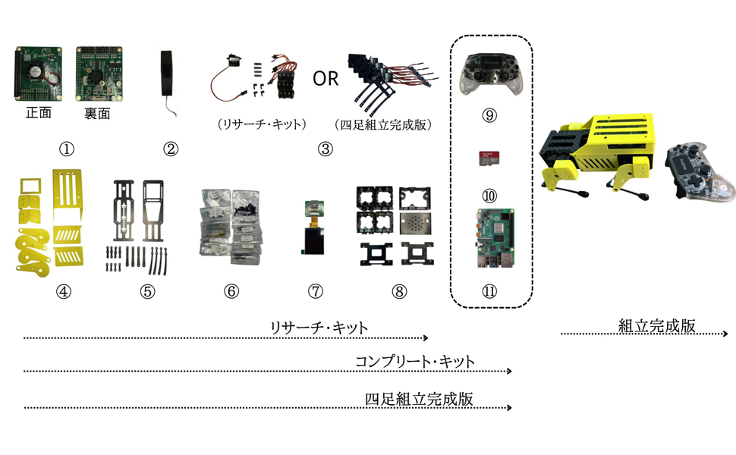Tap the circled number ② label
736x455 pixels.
pyautogui.click(x=171, y=149)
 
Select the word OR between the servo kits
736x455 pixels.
pyautogui.click(x=326, y=78)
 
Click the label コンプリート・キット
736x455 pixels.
pyautogui.click(x=415, y=362)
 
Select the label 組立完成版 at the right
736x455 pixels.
pyautogui.click(x=656, y=326)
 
